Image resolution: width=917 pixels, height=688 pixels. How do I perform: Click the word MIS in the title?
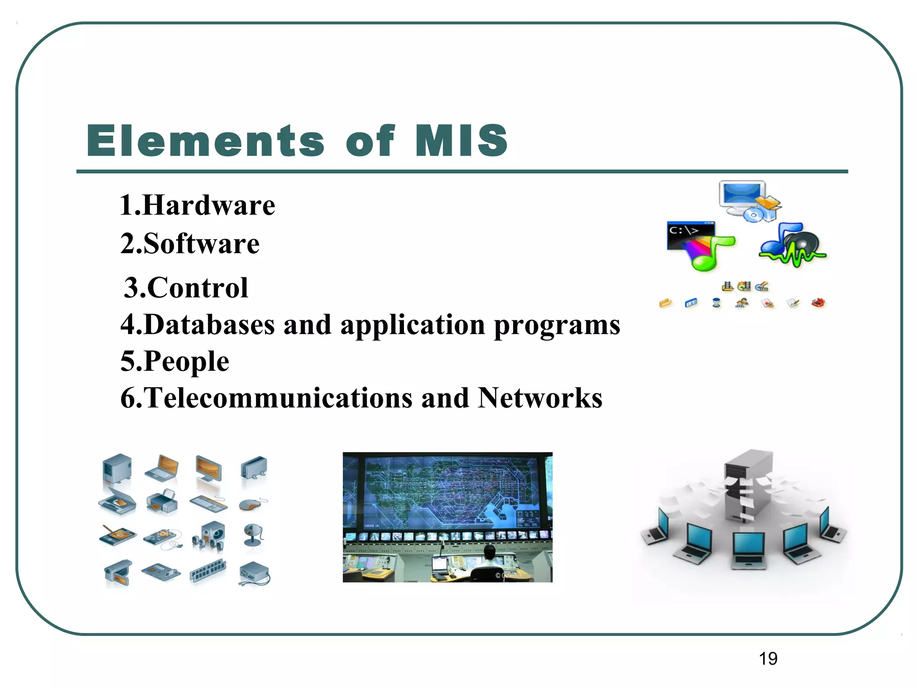(x=461, y=141)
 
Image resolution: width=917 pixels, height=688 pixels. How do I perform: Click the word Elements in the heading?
(x=205, y=141)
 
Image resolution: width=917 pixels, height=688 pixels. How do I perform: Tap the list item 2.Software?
(x=190, y=244)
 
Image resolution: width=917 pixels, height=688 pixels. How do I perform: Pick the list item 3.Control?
(x=186, y=288)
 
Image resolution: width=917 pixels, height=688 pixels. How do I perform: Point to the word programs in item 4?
(x=557, y=325)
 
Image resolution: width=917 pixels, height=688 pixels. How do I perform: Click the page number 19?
(x=768, y=659)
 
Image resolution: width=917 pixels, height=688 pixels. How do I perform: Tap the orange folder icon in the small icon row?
(x=666, y=303)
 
